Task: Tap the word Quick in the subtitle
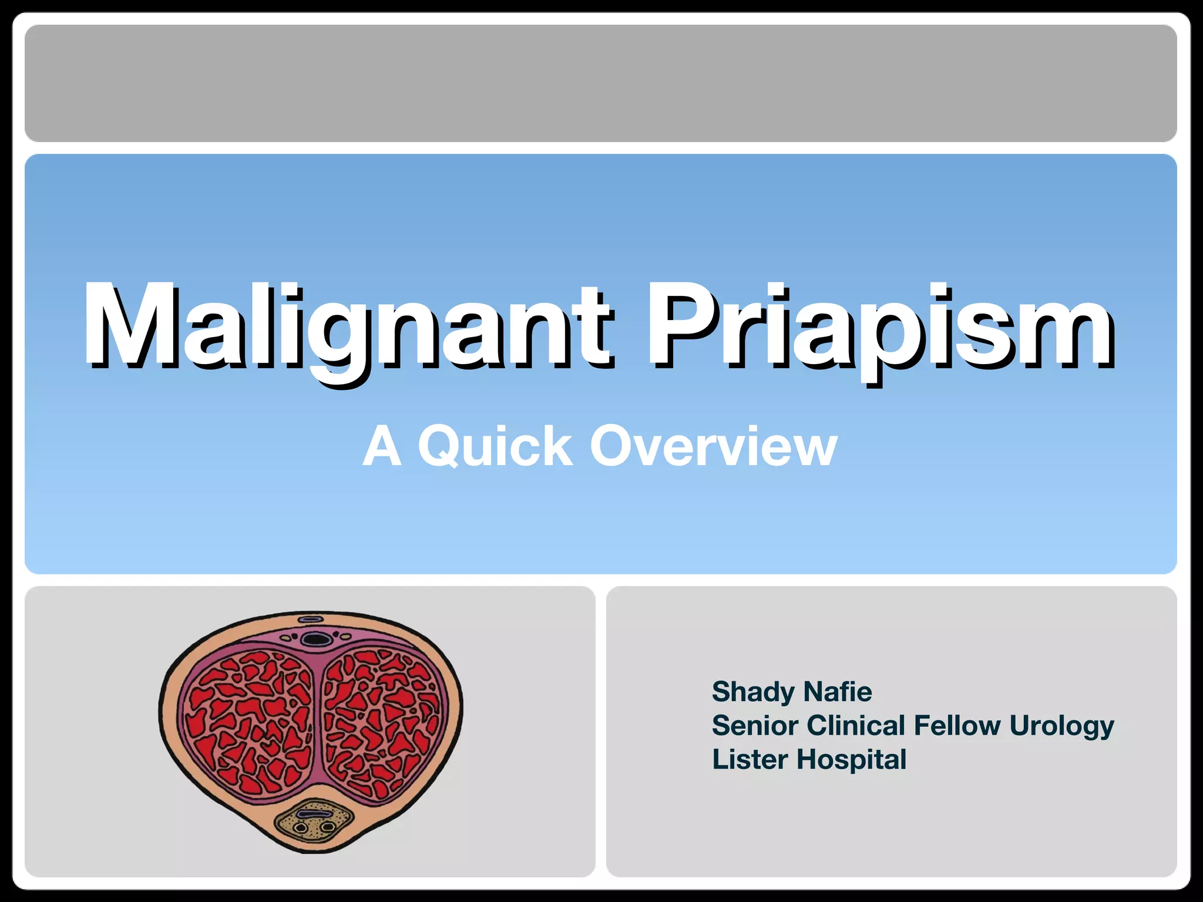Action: (495, 447)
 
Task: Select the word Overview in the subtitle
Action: (713, 447)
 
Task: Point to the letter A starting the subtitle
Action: (382, 447)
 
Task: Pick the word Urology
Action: (1061, 726)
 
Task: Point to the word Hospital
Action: (851, 760)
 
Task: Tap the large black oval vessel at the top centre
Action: (315, 638)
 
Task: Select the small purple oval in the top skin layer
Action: (310, 620)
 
